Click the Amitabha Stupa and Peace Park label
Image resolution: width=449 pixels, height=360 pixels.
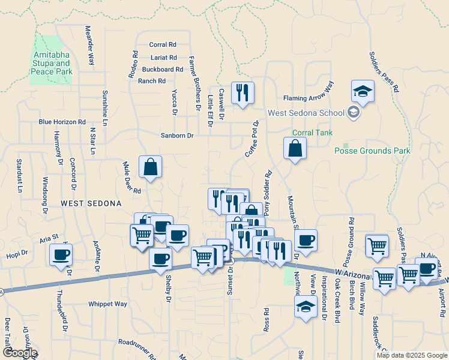click(52, 63)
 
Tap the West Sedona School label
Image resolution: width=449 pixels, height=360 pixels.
click(305, 113)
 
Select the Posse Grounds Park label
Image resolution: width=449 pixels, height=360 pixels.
click(372, 151)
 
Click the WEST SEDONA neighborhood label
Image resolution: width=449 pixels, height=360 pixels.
click(91, 203)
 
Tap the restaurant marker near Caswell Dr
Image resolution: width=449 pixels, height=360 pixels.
click(242, 92)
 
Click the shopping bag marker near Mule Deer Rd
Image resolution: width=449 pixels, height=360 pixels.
click(150, 167)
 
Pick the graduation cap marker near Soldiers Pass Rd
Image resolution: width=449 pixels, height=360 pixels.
click(363, 91)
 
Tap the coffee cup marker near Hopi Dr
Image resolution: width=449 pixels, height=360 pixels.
click(61, 255)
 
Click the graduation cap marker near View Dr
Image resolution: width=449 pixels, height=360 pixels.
click(306, 307)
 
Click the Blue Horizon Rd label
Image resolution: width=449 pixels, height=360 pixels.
click(62, 122)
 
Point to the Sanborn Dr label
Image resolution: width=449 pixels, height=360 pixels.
click(177, 136)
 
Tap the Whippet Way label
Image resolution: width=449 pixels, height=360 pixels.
click(108, 304)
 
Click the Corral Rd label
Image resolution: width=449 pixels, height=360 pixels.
click(163, 44)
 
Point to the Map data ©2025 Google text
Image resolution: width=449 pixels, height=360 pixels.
click(411, 355)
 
